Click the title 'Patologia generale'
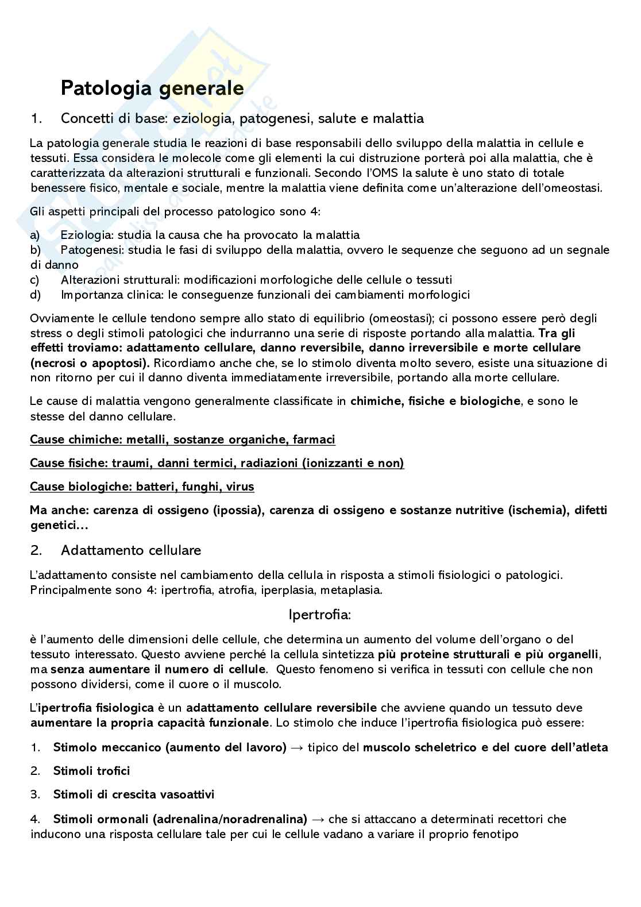(x=152, y=88)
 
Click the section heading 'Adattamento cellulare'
(x=131, y=550)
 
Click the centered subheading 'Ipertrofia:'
(x=319, y=615)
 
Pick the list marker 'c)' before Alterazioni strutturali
(x=34, y=280)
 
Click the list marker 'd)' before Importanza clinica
(x=34, y=295)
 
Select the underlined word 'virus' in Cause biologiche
(x=240, y=487)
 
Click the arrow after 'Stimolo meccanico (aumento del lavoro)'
(x=297, y=747)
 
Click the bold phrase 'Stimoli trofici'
(x=91, y=771)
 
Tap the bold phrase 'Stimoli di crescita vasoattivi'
(x=133, y=794)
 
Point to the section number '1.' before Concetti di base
(x=36, y=119)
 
